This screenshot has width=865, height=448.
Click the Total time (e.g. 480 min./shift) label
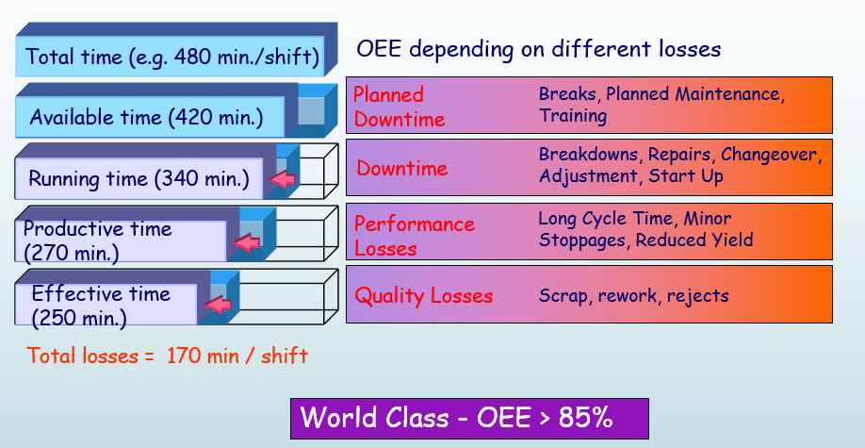(x=172, y=58)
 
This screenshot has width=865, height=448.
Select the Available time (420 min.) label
(x=146, y=118)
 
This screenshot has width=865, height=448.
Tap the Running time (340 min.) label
(x=139, y=178)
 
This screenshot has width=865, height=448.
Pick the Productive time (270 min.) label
(x=98, y=241)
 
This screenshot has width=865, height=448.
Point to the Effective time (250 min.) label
(x=102, y=305)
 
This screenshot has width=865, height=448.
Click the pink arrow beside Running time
(x=282, y=179)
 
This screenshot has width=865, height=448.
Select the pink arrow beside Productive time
(x=246, y=243)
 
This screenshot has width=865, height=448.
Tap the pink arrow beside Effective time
(x=219, y=305)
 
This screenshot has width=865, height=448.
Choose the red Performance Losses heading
(x=414, y=236)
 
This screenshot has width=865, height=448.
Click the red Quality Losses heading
(x=423, y=296)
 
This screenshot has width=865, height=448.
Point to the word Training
(x=573, y=116)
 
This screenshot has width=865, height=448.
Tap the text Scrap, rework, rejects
(x=633, y=295)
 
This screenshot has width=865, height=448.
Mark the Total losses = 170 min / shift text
(x=168, y=356)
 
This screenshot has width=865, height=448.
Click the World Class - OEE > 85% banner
(x=469, y=418)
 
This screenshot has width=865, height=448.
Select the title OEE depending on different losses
(x=539, y=49)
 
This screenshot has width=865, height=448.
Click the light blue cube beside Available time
(x=312, y=109)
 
